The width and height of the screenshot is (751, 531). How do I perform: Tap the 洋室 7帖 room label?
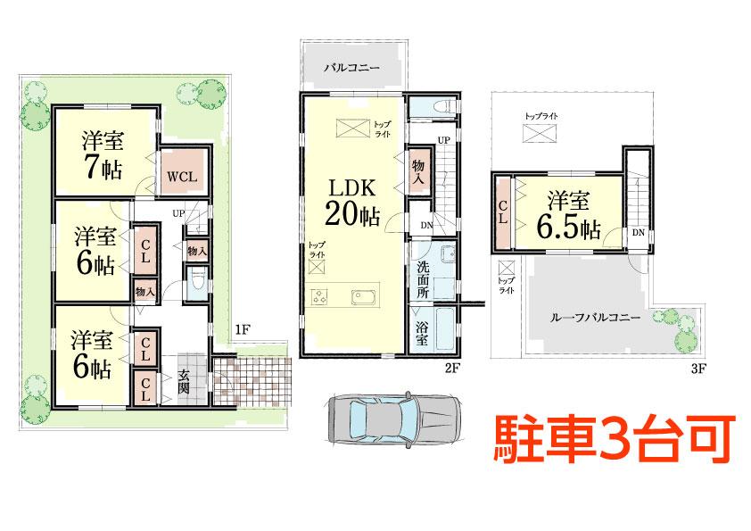[103, 155]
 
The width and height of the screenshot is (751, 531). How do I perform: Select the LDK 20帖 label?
[354, 203]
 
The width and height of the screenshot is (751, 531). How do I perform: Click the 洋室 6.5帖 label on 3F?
[567, 215]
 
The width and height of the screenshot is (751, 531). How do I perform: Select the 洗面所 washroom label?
[424, 278]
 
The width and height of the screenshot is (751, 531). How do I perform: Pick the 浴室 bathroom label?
[422, 332]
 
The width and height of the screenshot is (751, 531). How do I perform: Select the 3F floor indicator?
[698, 367]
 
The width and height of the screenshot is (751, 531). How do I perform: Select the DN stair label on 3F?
[638, 233]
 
